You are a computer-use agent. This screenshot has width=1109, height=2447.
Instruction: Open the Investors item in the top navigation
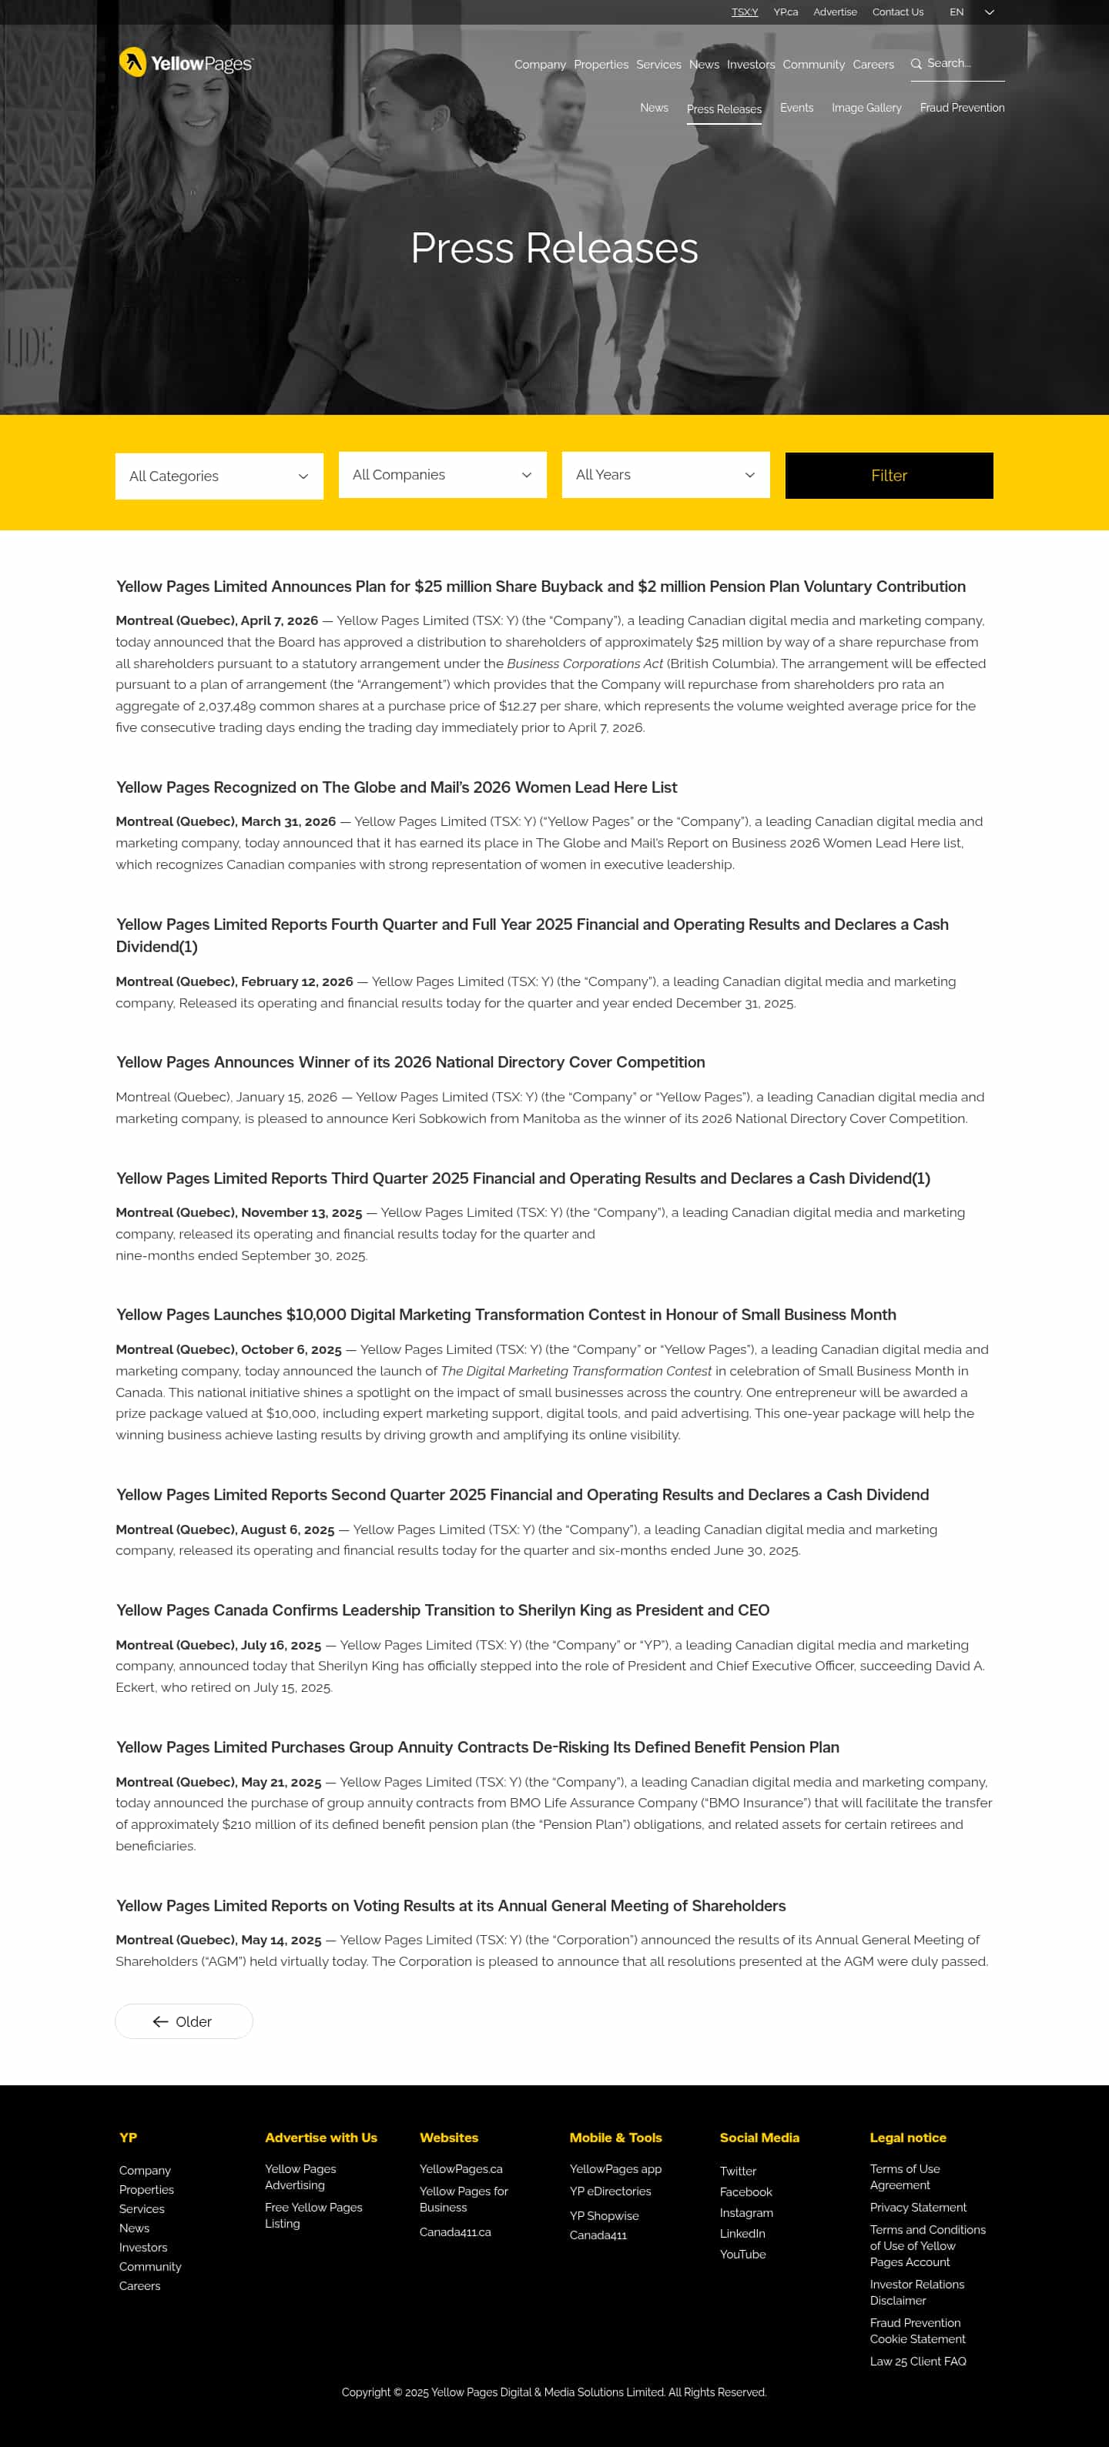point(750,65)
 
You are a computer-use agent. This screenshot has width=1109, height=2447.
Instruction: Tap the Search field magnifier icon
point(916,64)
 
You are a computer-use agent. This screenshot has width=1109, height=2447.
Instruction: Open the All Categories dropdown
point(219,476)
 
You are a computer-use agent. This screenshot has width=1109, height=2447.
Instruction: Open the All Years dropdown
point(665,475)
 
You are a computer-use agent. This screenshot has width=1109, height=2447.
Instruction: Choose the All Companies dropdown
point(442,475)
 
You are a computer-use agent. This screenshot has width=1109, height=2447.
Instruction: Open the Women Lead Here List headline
point(397,787)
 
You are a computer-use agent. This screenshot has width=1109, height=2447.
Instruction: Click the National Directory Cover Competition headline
point(410,1062)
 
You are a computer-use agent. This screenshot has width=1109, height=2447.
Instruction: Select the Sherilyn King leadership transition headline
point(442,1610)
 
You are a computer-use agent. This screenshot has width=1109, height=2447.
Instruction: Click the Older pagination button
point(183,2021)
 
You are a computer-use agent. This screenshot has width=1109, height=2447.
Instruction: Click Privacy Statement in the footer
point(917,2208)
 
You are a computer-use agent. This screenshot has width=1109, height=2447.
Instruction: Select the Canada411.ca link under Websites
point(454,2232)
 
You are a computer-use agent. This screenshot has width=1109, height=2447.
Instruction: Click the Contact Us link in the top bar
point(897,12)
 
